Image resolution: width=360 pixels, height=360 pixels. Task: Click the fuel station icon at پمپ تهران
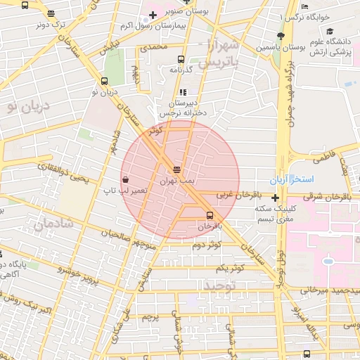(x=176, y=169)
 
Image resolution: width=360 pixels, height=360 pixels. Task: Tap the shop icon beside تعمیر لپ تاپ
(x=125, y=179)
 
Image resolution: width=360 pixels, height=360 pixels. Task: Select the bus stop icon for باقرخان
(x=210, y=215)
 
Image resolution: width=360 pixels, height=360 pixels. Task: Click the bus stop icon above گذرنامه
(x=181, y=60)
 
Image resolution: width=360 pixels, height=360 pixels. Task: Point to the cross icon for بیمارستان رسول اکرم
(x=153, y=15)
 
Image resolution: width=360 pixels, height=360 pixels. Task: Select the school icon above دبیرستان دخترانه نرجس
(x=183, y=92)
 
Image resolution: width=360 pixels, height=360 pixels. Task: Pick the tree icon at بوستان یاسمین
(x=281, y=36)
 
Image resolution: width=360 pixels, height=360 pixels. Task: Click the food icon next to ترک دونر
(x=51, y=13)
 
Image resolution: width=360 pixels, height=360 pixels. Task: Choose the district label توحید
(x=218, y=285)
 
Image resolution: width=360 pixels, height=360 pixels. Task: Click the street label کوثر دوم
(x=206, y=244)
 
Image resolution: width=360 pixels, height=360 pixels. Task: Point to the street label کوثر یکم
(x=230, y=268)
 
